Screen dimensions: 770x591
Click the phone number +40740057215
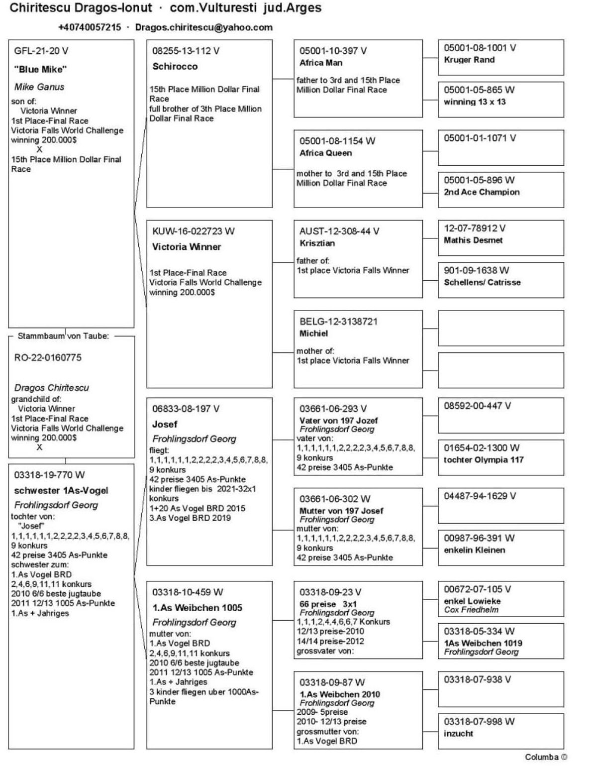click(90, 27)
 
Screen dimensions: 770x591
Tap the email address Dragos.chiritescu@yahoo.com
click(203, 27)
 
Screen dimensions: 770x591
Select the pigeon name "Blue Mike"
click(40, 69)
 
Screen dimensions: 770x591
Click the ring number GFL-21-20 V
click(41, 51)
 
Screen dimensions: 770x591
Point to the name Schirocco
click(175, 66)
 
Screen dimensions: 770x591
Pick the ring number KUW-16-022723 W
click(194, 231)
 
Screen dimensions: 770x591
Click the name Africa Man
click(320, 63)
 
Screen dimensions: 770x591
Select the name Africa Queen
click(325, 153)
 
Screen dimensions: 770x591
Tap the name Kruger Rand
click(469, 60)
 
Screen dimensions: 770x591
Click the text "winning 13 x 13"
click(475, 102)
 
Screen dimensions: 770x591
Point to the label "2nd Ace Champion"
click(482, 192)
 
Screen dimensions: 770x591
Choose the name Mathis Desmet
click(473, 240)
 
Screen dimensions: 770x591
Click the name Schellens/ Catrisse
click(482, 282)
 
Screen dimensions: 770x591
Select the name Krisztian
click(317, 243)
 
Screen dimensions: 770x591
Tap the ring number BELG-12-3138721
click(338, 322)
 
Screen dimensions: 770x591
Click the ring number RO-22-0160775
click(48, 357)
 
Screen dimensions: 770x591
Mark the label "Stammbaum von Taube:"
click(63, 336)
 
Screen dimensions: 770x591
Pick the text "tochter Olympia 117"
click(484, 459)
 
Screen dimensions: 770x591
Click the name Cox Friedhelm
click(471, 610)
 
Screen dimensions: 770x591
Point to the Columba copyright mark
click(546, 757)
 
